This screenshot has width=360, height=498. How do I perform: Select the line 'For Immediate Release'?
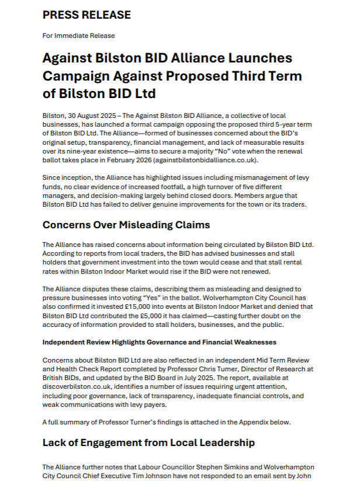click(x=78, y=36)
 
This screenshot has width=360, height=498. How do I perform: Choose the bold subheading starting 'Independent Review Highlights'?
click(x=159, y=342)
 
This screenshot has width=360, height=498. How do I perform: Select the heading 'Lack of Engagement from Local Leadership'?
click(x=148, y=443)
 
